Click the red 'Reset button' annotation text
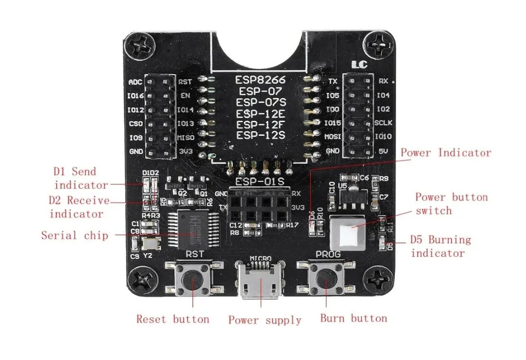coord(173,319)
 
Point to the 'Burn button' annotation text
coord(353,318)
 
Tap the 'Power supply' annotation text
coord(265,320)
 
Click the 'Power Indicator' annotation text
coord(446,153)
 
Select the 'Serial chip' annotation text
coord(74,235)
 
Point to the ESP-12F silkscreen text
coord(261,124)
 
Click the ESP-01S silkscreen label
coord(260,182)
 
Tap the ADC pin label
coord(135,82)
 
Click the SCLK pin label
coord(384,123)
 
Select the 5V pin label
coord(382,151)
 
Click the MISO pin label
coord(186,137)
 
